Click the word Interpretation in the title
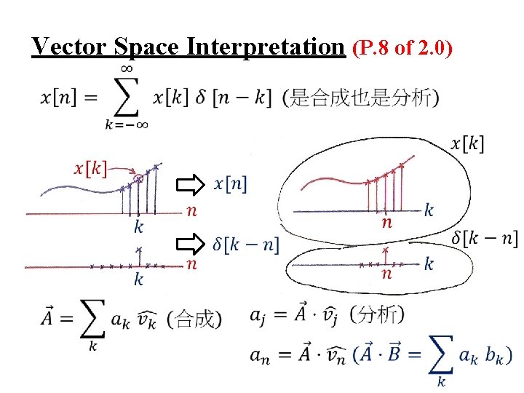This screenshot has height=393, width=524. point(265,47)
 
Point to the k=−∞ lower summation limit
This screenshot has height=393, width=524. point(127,124)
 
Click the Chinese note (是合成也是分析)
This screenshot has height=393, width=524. point(360,98)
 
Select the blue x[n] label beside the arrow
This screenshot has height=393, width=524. point(230,184)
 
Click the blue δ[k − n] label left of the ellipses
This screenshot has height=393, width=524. point(246,244)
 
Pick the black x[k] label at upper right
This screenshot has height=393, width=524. point(467,143)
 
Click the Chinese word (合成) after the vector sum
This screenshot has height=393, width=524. point(194,319)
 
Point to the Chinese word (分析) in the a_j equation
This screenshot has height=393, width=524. point(377,314)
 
